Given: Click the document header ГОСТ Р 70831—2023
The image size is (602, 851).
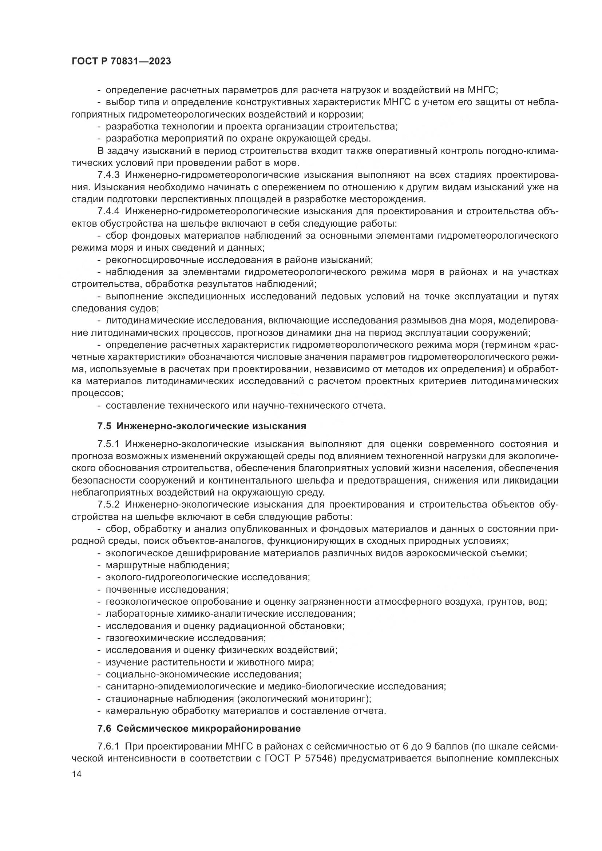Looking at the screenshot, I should click(121, 61).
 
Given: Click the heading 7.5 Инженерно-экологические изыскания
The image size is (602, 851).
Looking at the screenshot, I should click(202, 426).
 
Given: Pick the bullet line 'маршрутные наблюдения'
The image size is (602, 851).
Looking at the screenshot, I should click(167, 565).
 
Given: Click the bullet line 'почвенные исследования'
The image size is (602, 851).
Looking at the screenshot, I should click(167, 589).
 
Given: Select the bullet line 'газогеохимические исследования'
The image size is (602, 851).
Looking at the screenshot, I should click(186, 638).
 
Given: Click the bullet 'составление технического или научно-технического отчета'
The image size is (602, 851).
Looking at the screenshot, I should click(245, 405).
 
